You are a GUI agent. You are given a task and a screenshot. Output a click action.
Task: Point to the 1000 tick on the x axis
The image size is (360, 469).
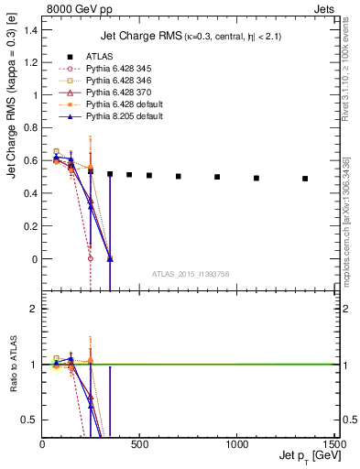pos(236,445)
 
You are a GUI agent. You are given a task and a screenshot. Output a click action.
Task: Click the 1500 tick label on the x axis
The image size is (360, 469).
pos(333,445)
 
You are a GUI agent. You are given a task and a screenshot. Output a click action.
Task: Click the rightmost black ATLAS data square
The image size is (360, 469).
pos(305,179)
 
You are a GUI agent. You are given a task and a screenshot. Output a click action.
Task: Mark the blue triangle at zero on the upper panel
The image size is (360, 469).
pos(110,259)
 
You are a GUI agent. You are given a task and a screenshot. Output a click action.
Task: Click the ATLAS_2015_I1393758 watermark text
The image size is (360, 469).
pos(190,274)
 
